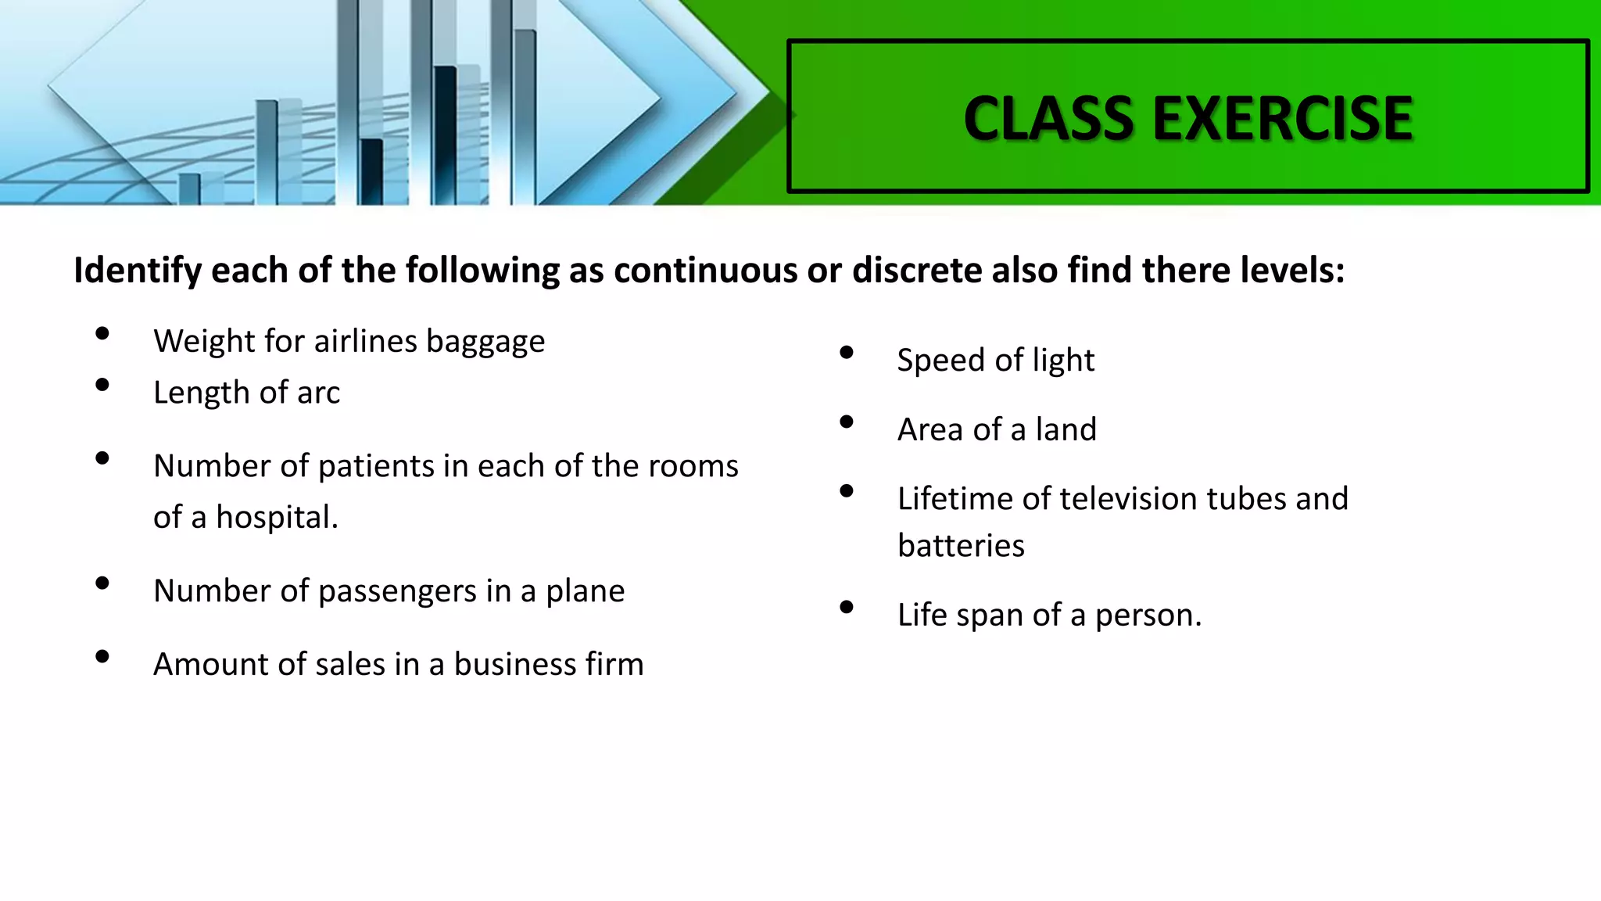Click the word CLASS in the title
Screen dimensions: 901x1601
pyautogui.click(x=1048, y=119)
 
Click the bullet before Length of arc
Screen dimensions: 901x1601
pyautogui.click(x=102, y=385)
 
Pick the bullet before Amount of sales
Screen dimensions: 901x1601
pyautogui.click(x=102, y=657)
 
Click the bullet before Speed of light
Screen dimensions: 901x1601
pyautogui.click(x=847, y=353)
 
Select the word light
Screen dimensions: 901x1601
pyautogui.click(x=1063, y=361)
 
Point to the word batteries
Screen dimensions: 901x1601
pyautogui.click(x=961, y=546)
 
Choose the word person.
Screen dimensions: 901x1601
pyautogui.click(x=1148, y=616)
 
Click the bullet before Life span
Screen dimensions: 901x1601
pyautogui.click(x=847, y=607)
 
